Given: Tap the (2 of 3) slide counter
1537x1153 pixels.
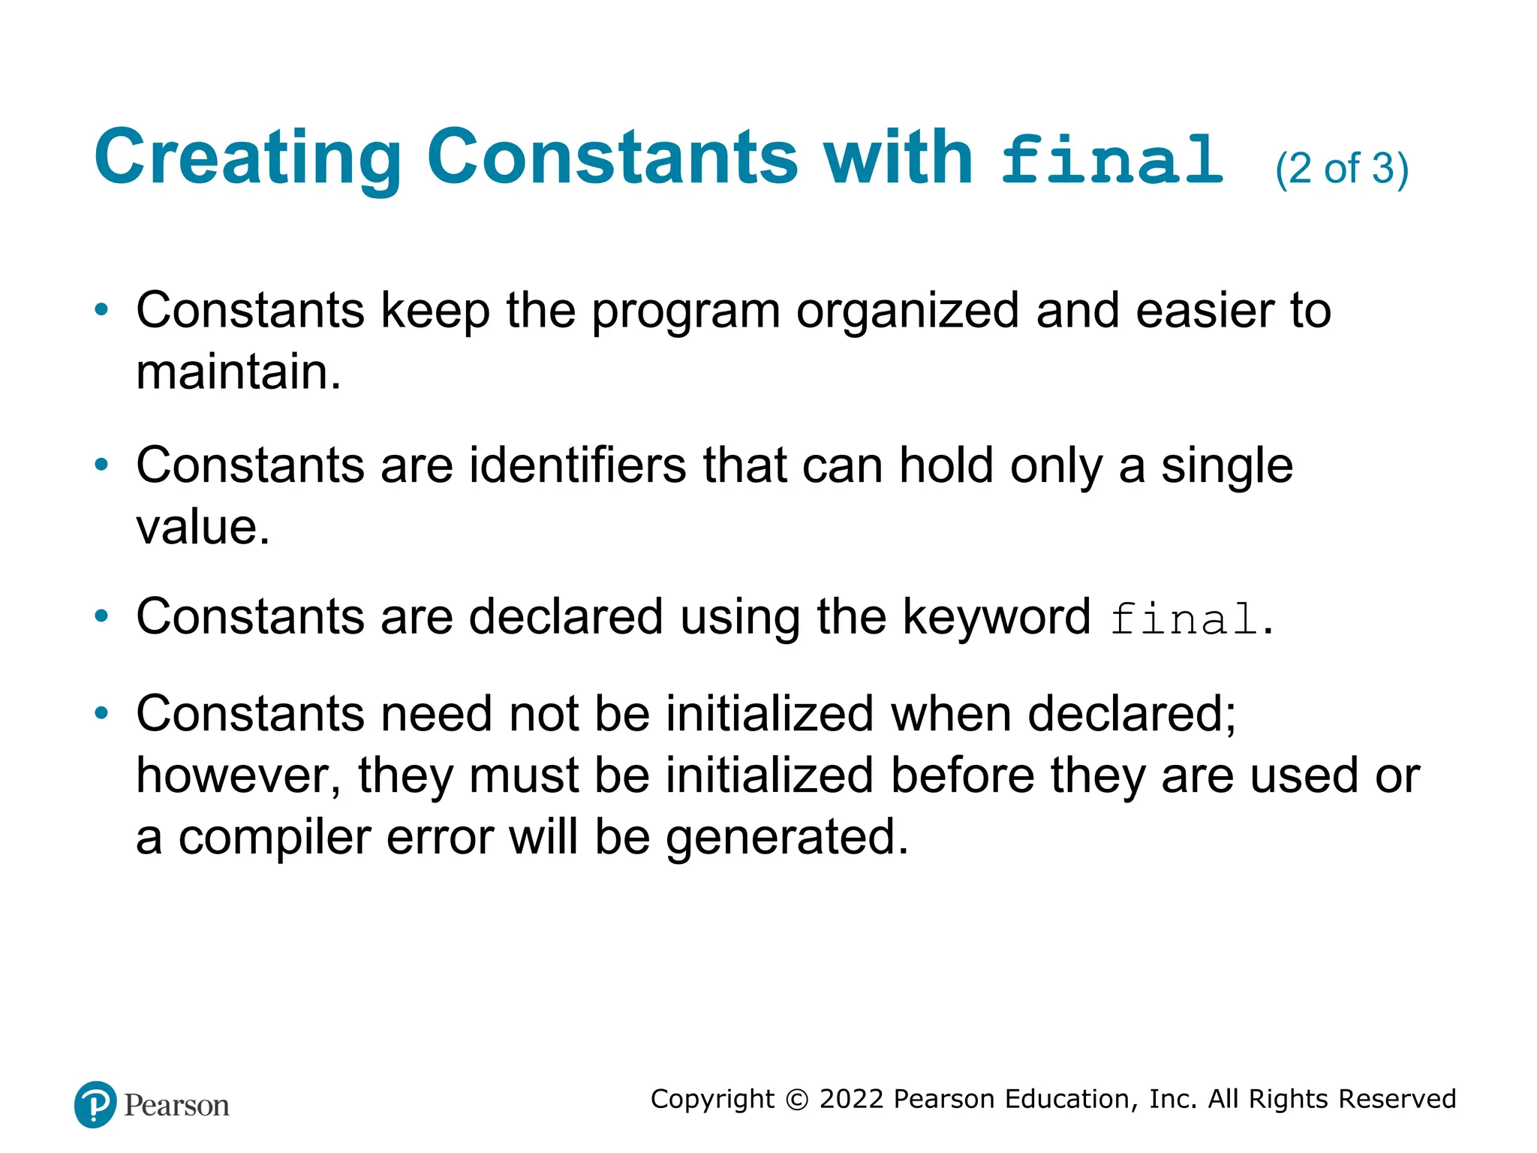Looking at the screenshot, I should (x=1341, y=169).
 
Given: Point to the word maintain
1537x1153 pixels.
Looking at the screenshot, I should (x=238, y=372).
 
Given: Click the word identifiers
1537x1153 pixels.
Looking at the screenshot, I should (x=578, y=465).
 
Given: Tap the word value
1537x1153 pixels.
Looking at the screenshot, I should (x=202, y=527).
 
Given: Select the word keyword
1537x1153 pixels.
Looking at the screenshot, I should (x=996, y=619).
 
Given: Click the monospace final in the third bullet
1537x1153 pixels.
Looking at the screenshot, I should (x=1184, y=620).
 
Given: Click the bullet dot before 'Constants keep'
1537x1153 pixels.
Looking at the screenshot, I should (x=101, y=310).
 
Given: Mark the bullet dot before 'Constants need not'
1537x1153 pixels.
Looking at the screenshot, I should (x=101, y=713).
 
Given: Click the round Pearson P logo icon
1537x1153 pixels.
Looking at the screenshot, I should (x=95, y=1104).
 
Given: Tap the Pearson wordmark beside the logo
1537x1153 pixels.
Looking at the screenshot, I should (x=176, y=1106).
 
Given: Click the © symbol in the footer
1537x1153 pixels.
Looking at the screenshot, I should (x=796, y=1100).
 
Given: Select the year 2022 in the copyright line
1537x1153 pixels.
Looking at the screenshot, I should (x=852, y=1099).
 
